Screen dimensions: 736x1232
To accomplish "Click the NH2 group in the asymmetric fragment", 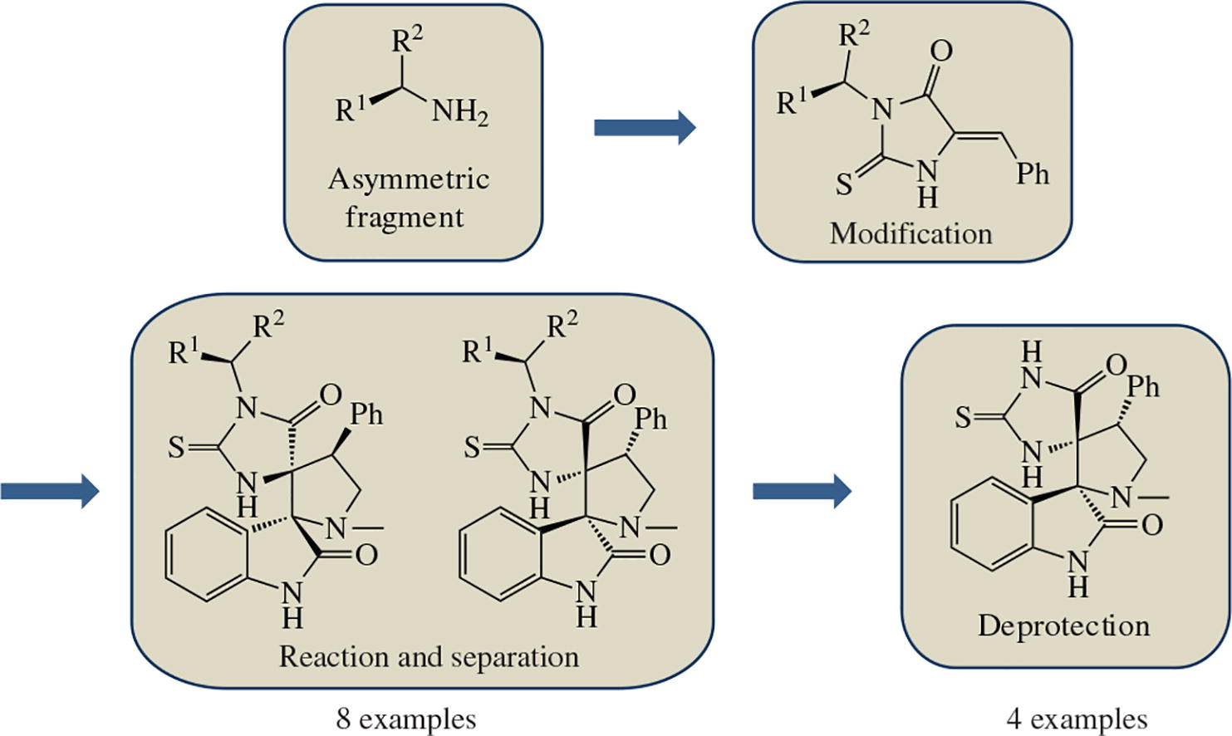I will click(x=459, y=111).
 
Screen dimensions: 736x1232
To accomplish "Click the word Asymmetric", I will click(x=409, y=179).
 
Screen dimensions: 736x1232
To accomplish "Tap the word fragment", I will click(x=405, y=218).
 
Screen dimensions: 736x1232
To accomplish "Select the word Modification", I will click(x=911, y=233).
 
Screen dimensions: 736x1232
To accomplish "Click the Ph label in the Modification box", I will click(x=1033, y=174).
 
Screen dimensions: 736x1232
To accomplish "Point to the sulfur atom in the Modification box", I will click(x=844, y=184).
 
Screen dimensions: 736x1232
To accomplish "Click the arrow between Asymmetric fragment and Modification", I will click(x=644, y=127).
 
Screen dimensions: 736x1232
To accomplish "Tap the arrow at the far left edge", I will click(x=49, y=490).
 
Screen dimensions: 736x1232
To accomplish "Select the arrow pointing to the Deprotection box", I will click(x=802, y=490).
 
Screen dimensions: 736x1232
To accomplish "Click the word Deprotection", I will click(x=1063, y=626).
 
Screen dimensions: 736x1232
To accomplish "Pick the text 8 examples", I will click(x=406, y=719).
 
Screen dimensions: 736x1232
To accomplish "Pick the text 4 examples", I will click(x=1077, y=719).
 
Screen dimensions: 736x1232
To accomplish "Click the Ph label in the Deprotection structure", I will click(x=1143, y=386).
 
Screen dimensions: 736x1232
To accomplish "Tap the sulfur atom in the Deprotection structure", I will click(x=963, y=417).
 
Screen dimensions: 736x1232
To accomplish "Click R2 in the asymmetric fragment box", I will click(x=407, y=39).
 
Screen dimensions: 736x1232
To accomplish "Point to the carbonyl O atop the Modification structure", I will click(x=940, y=52).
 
